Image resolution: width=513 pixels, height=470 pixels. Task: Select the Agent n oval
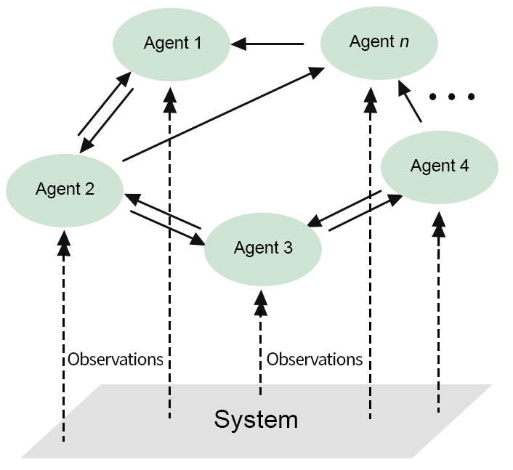coord(379,42)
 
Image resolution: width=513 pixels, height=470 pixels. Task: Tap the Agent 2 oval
coord(65,190)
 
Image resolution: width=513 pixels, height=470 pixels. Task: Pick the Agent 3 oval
coord(263,248)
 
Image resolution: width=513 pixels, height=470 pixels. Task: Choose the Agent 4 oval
coord(439,166)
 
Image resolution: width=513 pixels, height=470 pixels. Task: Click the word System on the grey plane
coord(256,419)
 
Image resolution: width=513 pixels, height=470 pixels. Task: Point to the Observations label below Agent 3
coord(315,359)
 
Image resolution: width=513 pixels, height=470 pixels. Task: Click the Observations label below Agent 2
coord(116,359)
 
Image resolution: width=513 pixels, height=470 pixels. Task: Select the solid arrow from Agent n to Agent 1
coord(267,44)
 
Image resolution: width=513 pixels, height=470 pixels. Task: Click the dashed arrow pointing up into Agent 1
coord(170,254)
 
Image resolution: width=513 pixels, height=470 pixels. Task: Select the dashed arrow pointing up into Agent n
coord(370,254)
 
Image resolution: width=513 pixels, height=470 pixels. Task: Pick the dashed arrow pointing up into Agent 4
coord(438,312)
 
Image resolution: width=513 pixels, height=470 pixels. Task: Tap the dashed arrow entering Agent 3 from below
coord(260,341)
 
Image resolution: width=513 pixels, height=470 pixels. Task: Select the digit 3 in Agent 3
coord(288,248)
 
